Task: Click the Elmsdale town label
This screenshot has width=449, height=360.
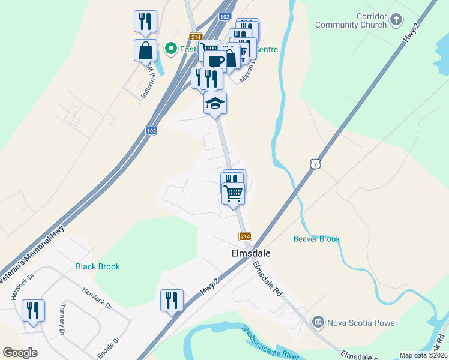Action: pyautogui.click(x=250, y=253)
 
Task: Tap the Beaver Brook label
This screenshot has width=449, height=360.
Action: pyautogui.click(x=316, y=239)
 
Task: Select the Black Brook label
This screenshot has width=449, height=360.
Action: pyautogui.click(x=98, y=266)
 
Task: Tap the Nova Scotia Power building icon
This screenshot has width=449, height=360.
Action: pyautogui.click(x=318, y=323)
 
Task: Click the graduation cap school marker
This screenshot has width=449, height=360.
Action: pyautogui.click(x=215, y=104)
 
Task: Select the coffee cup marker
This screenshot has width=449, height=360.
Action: pyautogui.click(x=215, y=61)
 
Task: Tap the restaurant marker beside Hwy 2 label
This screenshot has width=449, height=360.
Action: pyautogui.click(x=172, y=300)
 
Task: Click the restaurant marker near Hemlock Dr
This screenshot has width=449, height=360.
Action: pyautogui.click(x=32, y=311)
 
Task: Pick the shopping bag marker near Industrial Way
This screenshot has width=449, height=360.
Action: pyautogui.click(x=146, y=50)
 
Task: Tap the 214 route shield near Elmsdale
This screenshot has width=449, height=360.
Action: pyautogui.click(x=245, y=236)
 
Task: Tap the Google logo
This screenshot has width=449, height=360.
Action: pyautogui.click(x=20, y=353)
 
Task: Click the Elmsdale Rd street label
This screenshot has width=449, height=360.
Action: pyautogui.click(x=267, y=279)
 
